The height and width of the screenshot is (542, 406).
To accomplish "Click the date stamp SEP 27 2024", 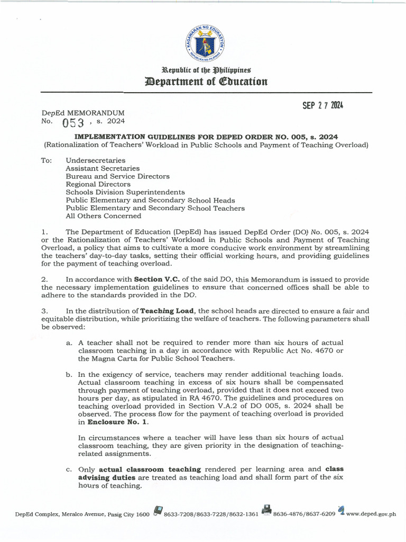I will (322, 105).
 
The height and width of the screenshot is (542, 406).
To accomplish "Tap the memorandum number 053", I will (72, 123).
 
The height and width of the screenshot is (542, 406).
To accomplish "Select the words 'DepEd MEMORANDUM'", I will (83, 113).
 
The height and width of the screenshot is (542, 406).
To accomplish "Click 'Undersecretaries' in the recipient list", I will (95, 160).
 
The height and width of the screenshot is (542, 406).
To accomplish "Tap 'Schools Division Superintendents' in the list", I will (125, 192).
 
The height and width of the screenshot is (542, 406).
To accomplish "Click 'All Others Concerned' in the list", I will (103, 215).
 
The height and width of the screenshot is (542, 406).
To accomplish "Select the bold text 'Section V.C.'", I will (156, 279).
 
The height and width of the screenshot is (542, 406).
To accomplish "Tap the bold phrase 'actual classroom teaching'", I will (150, 469).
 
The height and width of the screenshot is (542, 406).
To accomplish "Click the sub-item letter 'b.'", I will (69, 374).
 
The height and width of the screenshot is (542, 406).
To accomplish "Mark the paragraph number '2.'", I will (44, 279).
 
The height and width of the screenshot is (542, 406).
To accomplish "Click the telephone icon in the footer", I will (158, 510).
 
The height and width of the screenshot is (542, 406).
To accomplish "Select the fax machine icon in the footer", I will (266, 510).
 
